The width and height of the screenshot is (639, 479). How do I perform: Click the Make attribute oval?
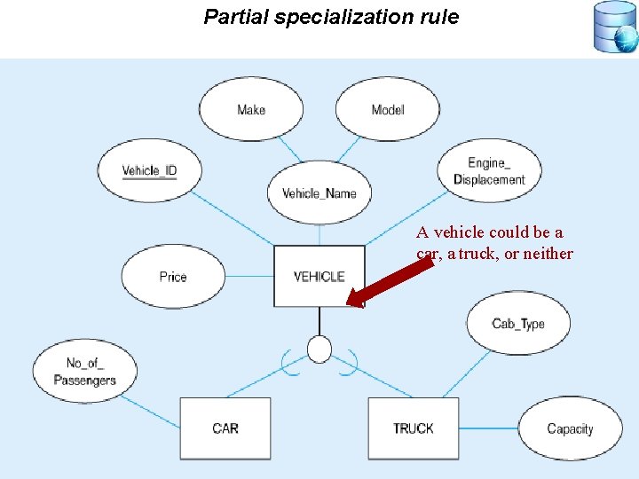click(251, 109)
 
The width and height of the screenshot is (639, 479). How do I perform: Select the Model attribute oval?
click(388, 109)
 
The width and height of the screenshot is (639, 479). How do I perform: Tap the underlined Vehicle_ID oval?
click(149, 170)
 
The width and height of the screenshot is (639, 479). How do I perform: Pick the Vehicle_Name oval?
click(319, 193)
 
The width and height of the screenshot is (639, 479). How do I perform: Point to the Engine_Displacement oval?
click(489, 171)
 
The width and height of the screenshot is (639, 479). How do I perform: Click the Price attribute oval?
click(173, 277)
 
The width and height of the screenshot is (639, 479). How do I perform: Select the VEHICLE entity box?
click(319, 277)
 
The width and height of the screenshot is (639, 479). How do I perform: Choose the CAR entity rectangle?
click(225, 428)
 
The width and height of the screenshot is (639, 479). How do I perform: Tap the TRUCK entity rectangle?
click(414, 428)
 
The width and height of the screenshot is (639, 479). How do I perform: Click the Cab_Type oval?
click(518, 324)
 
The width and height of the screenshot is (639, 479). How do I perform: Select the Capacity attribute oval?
click(570, 428)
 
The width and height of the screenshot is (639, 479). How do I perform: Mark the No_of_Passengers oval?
click(85, 372)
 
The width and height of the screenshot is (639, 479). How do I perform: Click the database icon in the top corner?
click(615, 27)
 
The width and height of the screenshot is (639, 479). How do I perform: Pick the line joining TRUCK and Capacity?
click(488, 428)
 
